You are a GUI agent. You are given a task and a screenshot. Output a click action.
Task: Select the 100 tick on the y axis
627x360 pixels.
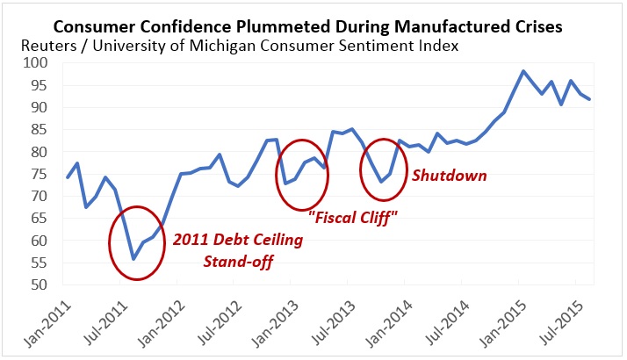pyautogui.click(x=39, y=63)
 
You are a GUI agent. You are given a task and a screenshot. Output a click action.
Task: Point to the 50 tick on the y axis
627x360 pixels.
pyautogui.click(x=42, y=284)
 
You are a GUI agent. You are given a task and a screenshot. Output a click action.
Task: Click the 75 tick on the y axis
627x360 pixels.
pyautogui.click(x=42, y=174)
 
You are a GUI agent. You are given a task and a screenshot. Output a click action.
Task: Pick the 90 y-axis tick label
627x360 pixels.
pyautogui.click(x=42, y=107)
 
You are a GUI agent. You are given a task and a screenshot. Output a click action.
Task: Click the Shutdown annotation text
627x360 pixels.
pyautogui.click(x=450, y=176)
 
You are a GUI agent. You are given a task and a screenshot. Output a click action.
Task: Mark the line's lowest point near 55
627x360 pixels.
pyautogui.click(x=133, y=259)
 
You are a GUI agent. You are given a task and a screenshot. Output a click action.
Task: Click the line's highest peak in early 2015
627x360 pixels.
pyautogui.click(x=523, y=71)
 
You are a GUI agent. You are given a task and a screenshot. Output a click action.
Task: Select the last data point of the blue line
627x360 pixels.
pyautogui.click(x=589, y=99)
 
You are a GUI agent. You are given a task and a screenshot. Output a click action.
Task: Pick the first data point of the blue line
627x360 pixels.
pyautogui.click(x=68, y=177)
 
